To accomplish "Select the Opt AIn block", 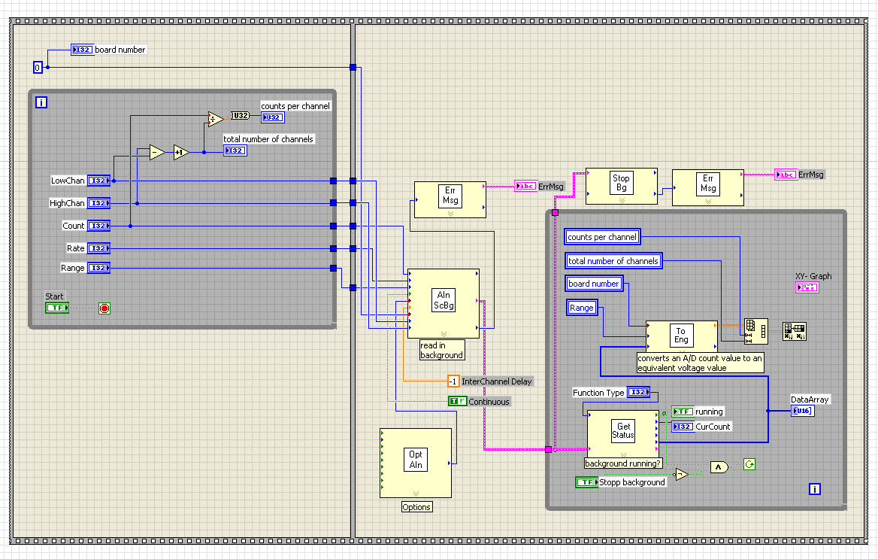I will coord(416,460).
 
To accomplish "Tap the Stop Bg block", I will coord(621,183).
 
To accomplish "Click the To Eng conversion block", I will coord(681,335).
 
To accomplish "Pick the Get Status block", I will coord(622,430).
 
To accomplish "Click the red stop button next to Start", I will coord(104,308).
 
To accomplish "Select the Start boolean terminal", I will coord(56,308).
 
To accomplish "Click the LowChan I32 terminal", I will coord(98,181).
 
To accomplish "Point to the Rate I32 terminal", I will coord(98,248).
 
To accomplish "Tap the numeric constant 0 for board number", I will coord(38,68).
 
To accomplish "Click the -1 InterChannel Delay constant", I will coord(453,381).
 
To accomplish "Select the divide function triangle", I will coord(215,118).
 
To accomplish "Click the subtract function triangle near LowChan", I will coord(156,152).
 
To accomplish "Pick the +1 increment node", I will coord(181,152).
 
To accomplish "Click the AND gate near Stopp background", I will coord(719,467).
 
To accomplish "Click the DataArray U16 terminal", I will coord(801,411).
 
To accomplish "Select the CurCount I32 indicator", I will coord(683,427).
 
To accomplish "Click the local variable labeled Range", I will coord(582,308).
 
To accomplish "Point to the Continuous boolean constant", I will coord(457,401).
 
